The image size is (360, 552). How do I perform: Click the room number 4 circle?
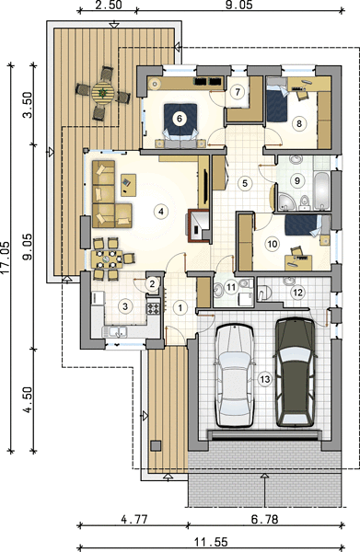coord(161,212)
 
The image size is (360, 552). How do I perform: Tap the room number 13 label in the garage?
coord(265,379)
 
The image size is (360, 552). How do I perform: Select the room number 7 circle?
coord(238,92)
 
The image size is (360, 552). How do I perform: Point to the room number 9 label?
coord(297,180)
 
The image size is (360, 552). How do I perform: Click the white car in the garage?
coord(234,375)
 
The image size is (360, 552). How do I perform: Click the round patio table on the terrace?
coord(103,93)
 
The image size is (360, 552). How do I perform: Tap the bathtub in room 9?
coord(321,190)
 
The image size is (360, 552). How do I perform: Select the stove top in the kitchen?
coord(153,308)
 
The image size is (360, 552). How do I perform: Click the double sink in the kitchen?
coord(115,331)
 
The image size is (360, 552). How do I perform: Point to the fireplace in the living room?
coord(198,226)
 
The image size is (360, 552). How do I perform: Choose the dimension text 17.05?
coord(5,257)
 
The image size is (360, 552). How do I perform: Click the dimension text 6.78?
coord(265,519)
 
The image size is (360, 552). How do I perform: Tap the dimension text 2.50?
coord(108,5)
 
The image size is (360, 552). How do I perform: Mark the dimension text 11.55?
coord(211,542)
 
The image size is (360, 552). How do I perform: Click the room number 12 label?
coord(297,293)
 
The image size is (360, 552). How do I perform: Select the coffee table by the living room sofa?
coord(128,185)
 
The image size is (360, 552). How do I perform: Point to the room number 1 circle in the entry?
coord(180,308)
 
